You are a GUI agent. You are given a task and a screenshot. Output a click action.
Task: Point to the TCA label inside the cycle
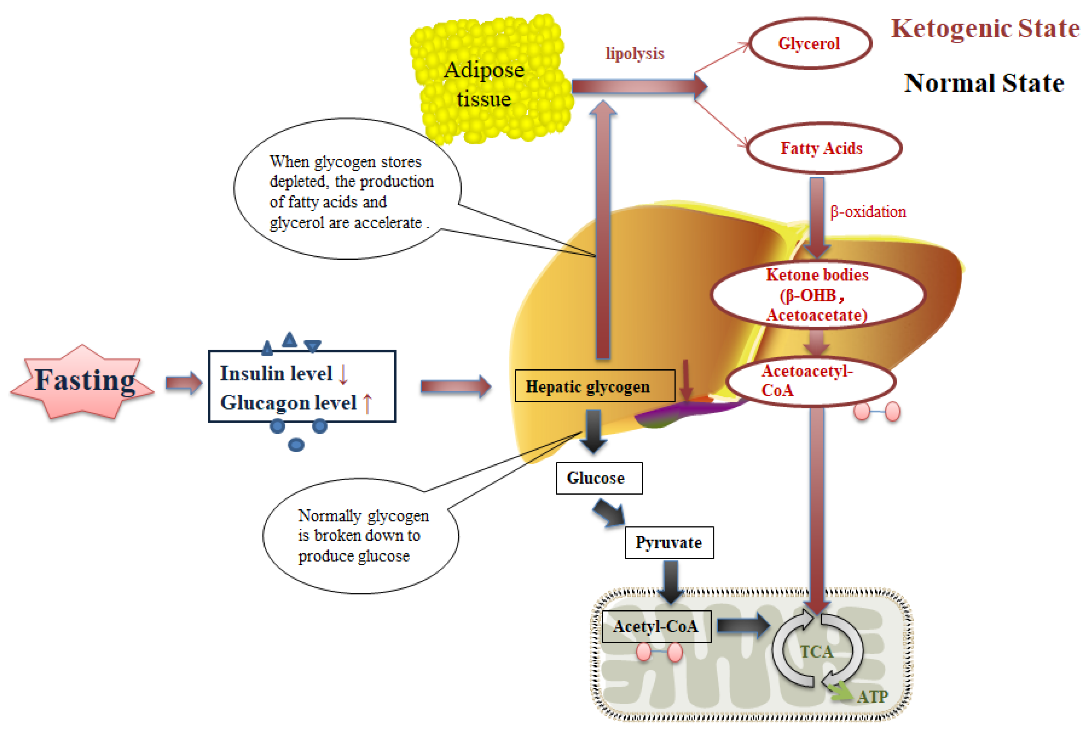coord(816,652)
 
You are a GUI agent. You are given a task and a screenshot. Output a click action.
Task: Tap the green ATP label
coord(872,697)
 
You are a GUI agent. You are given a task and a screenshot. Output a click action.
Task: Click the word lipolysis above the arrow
coord(634,53)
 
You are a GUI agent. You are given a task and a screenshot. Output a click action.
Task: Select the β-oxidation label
coord(868,212)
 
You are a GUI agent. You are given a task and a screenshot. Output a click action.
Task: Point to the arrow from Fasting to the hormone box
coord(184,383)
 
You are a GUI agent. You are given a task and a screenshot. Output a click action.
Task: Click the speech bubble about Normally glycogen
coord(359,536)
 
